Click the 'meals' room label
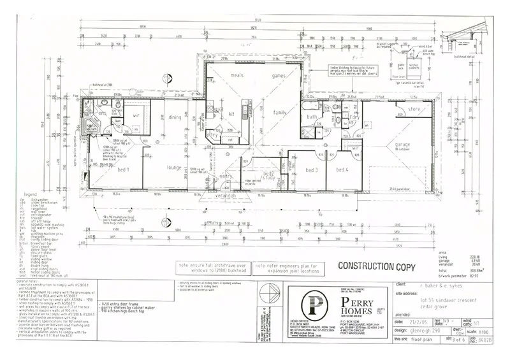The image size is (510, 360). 237,75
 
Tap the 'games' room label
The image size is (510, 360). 279,75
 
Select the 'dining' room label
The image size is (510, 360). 175,117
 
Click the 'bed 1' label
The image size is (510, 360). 124,169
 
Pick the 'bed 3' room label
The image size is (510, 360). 312,170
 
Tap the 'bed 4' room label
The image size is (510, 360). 342,170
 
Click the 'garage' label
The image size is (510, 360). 401,145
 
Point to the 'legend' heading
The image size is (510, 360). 32,194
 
